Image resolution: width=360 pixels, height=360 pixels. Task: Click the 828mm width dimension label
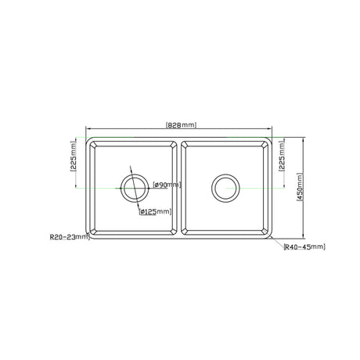181,125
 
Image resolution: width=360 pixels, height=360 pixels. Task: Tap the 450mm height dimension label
300,187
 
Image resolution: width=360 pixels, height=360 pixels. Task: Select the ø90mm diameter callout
167,185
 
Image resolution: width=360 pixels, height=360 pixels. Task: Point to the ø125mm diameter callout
155,211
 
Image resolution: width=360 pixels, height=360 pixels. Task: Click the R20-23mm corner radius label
70,237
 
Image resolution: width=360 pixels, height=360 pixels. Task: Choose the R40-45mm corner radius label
304,247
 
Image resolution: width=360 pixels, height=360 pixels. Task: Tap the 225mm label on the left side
74,156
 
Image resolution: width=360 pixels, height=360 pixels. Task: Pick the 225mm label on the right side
282,156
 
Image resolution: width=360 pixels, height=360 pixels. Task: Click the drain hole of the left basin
135,188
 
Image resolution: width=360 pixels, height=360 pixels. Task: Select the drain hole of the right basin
225,188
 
